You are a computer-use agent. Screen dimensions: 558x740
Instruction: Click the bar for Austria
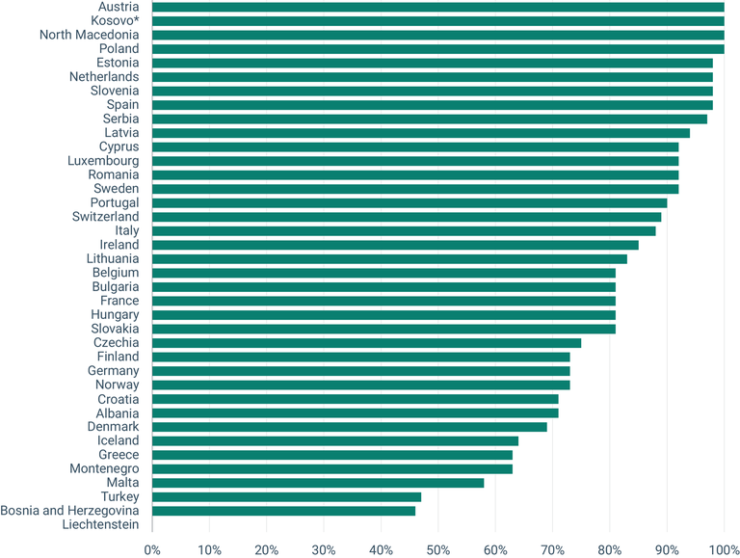coord(438,7)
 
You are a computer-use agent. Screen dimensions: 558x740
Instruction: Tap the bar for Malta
coord(318,483)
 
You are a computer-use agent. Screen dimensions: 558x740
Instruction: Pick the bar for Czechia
coord(366,343)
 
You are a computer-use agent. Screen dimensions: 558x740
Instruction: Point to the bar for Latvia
coord(421,133)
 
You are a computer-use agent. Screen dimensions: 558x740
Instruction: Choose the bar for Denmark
coord(350,427)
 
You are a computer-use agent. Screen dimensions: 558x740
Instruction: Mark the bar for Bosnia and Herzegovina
coord(283,511)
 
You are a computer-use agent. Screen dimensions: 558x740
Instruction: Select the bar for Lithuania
coord(389,259)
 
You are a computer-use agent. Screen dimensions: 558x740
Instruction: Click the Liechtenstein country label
coord(100,525)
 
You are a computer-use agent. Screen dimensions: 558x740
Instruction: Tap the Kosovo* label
coord(115,20)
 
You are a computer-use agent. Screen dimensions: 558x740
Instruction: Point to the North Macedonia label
coord(89,35)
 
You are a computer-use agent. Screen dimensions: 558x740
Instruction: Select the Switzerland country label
coord(105,217)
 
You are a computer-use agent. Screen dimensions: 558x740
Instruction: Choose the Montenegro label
coord(102,469)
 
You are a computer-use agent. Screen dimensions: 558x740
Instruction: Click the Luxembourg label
coord(103,161)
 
